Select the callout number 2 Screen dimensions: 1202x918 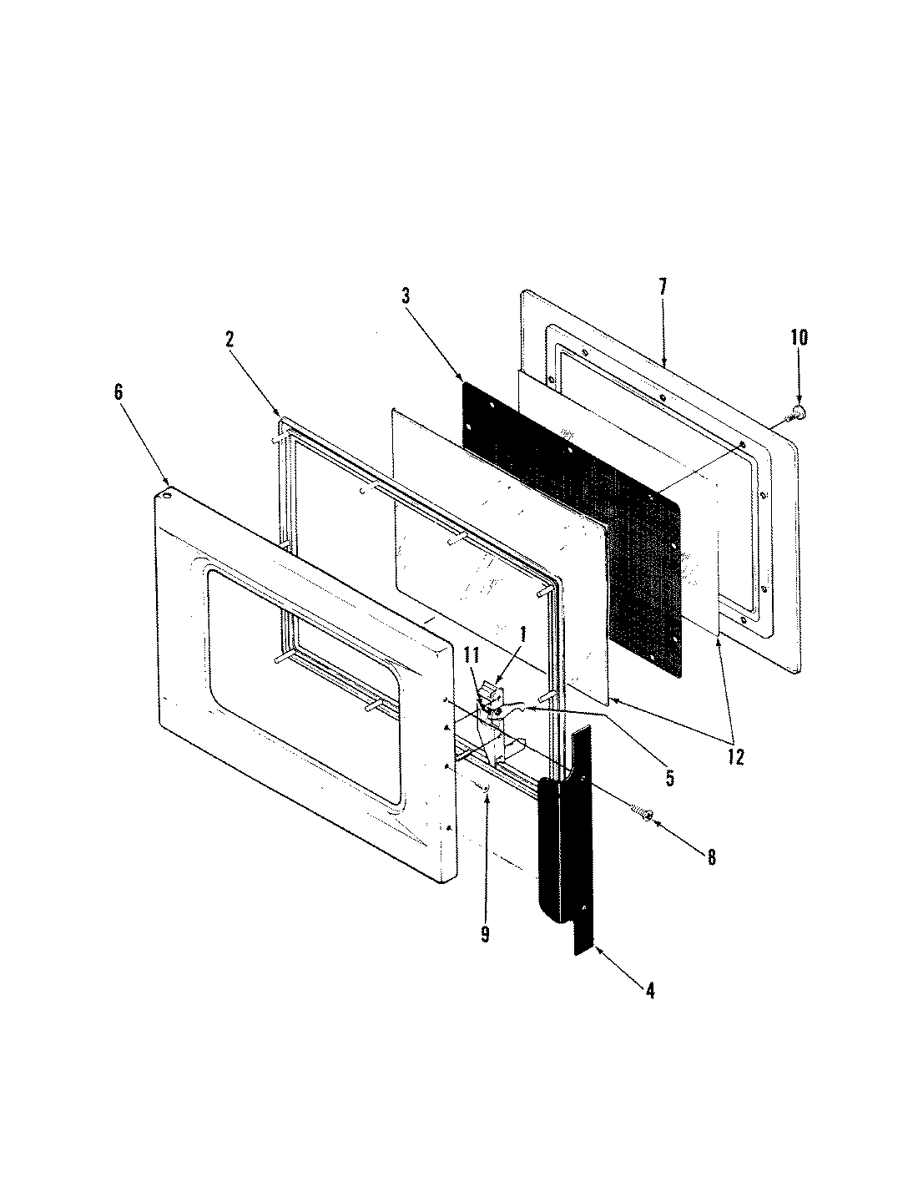pyautogui.click(x=229, y=339)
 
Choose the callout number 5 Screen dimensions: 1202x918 pyautogui.click(x=669, y=779)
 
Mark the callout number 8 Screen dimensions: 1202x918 pyautogui.click(x=711, y=856)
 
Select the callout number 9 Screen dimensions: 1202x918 pyautogui.click(x=485, y=934)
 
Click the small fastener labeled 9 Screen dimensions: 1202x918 pyautogui.click(x=487, y=786)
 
